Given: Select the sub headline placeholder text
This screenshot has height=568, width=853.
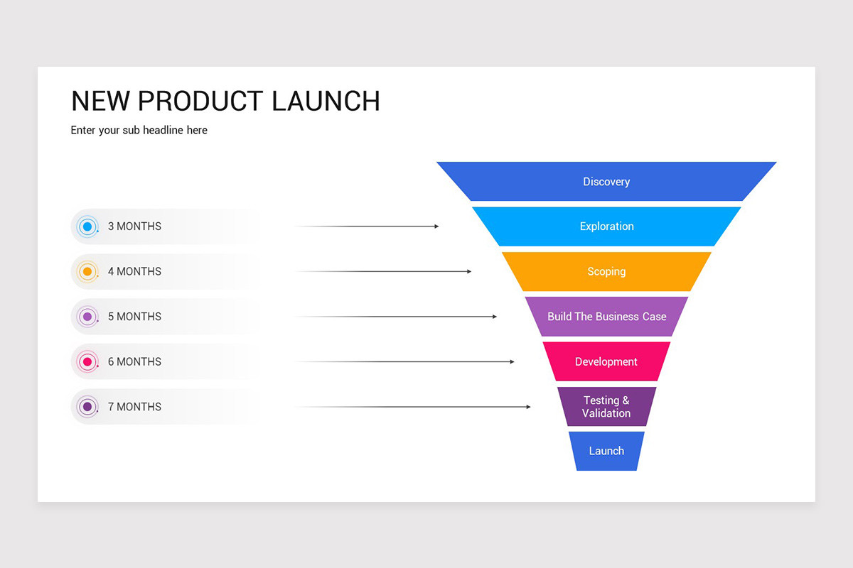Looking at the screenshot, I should (139, 131).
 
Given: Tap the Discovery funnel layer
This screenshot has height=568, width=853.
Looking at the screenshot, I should (606, 182).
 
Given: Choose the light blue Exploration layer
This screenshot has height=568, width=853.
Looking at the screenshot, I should (606, 226).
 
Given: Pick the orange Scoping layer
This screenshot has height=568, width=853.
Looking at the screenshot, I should (606, 272).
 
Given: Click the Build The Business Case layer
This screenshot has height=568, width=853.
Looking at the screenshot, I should (606, 317).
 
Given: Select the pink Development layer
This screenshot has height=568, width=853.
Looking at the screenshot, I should (606, 362).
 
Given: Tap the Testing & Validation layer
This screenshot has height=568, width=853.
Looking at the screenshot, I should (606, 407).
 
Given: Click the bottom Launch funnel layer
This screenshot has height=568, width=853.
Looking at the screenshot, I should (606, 451).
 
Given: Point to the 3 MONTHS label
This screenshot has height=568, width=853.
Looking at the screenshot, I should (134, 226).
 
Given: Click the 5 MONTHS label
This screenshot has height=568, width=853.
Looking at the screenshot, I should (134, 317).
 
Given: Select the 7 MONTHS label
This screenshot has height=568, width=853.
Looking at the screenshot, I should (134, 407).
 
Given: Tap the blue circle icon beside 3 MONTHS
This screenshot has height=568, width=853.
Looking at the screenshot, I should (87, 226).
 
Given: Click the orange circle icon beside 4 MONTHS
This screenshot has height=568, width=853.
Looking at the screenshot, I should (87, 272).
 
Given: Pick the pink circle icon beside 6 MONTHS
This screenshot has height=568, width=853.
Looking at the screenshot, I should (87, 362).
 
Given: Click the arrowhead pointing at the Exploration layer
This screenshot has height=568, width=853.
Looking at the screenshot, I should (436, 226).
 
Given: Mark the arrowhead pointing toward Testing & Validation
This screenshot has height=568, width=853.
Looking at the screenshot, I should (528, 407).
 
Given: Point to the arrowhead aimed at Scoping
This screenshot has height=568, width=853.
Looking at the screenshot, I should (468, 271).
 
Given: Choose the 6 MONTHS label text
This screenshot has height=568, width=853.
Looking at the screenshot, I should (134, 362).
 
